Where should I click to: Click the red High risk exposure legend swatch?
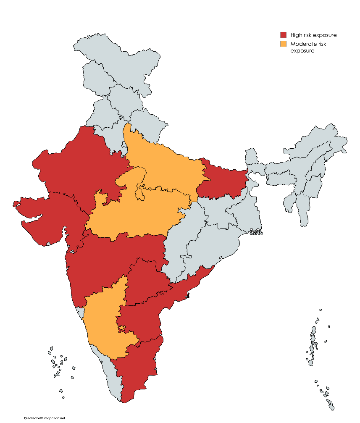coord(284,35)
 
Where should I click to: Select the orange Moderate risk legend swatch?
coord(284,44)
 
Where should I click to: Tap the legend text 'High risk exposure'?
coord(313,35)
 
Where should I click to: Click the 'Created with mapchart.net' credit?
coord(45,418)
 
